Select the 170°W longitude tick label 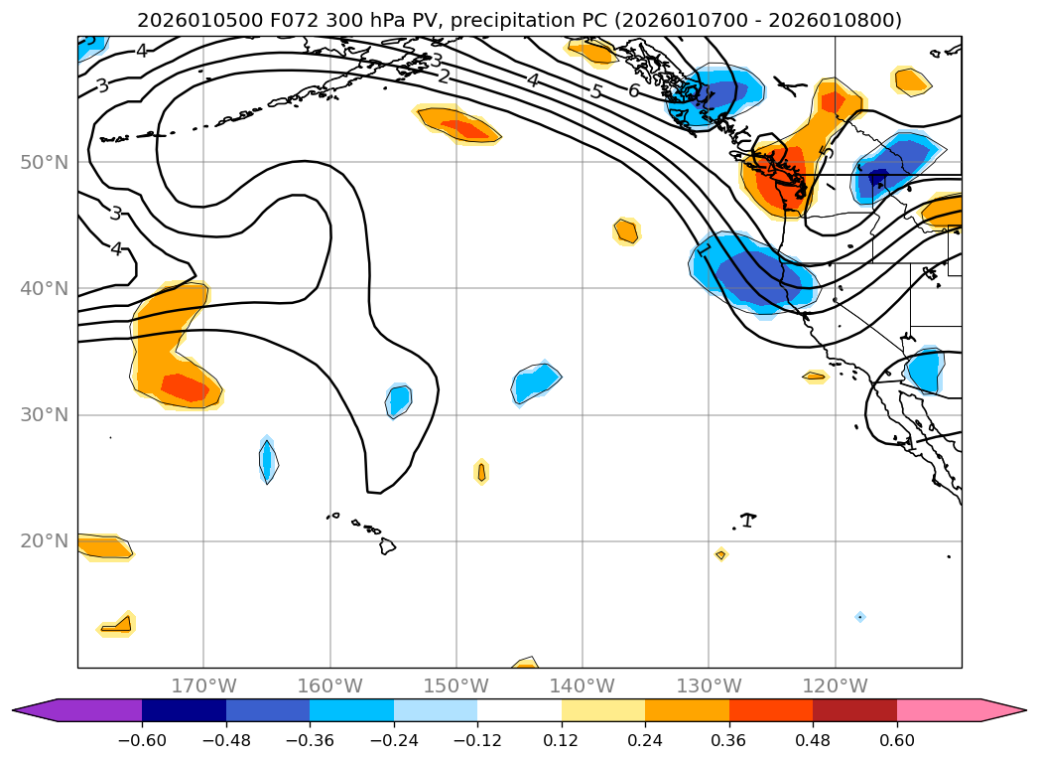(x=203, y=685)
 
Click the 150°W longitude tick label (x=455, y=685)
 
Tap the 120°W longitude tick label (x=835, y=685)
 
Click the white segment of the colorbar (x=519, y=710)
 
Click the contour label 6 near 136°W (x=633, y=90)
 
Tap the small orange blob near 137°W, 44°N (x=625, y=230)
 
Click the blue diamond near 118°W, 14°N (x=859, y=617)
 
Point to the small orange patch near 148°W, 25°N (x=481, y=472)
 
